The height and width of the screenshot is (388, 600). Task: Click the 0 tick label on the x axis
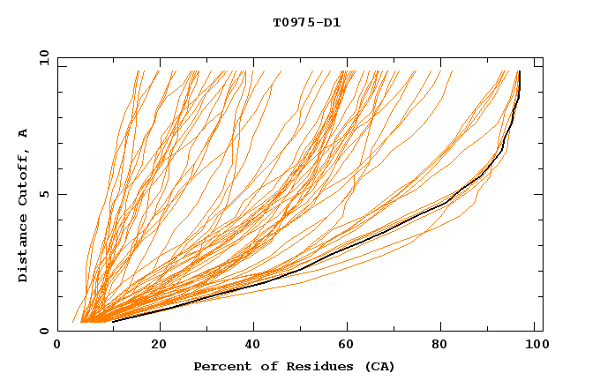click(x=58, y=345)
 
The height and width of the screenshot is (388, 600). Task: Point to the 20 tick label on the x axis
click(x=159, y=345)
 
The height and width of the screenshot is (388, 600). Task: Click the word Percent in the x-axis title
click(x=221, y=366)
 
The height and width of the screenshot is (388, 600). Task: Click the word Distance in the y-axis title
click(x=23, y=249)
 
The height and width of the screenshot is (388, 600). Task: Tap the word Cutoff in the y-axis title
click(x=23, y=177)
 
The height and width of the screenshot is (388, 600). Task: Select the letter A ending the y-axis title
click(x=23, y=133)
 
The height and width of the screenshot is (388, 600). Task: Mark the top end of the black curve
click(x=520, y=71)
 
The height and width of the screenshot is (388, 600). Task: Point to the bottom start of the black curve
click(x=113, y=321)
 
